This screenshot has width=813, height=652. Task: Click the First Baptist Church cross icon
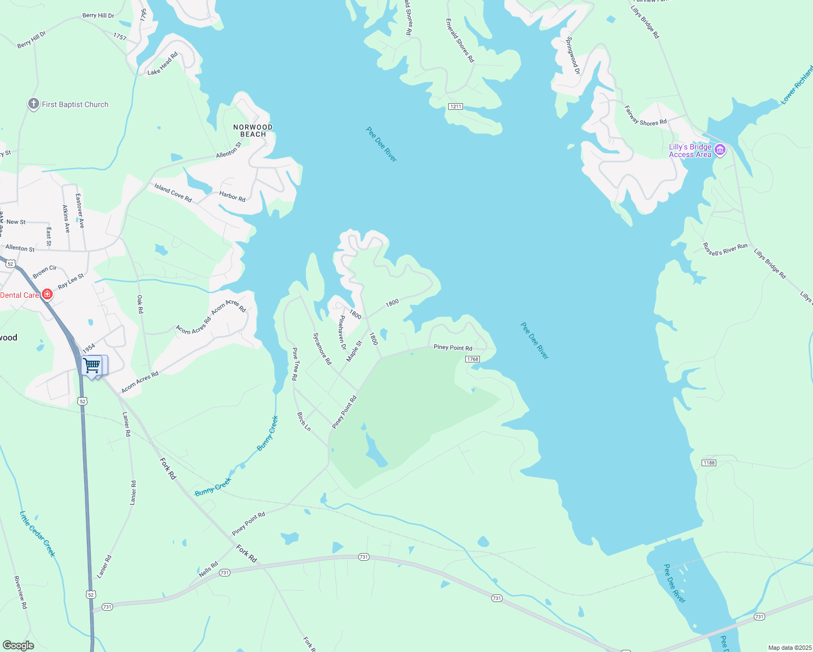pos(33,104)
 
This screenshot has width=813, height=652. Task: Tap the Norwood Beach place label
pos(253,131)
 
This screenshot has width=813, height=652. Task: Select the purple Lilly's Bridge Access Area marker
pos(720,150)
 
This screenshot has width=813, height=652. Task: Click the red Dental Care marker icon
pos(47,294)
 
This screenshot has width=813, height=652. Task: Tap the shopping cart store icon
pos(92,365)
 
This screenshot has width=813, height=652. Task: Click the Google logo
pos(18,645)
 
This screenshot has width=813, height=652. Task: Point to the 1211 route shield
pos(455,106)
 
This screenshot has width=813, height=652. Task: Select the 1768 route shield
pos(472,359)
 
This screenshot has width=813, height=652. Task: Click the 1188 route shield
pos(709,463)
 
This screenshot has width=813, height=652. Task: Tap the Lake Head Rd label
pos(162,64)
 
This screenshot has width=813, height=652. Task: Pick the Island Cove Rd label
pos(173,192)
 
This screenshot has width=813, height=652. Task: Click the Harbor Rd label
pos(232,196)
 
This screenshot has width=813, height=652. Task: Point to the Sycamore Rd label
pos(322,348)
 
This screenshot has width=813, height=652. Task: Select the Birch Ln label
pos(304,422)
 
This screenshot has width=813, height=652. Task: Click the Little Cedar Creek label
pos(37,534)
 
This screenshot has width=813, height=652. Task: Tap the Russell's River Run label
pos(725,249)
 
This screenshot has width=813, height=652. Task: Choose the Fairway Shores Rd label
pos(645,116)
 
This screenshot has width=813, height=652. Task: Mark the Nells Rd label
pos(208,569)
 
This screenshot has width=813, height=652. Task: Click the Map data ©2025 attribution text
pos(790,648)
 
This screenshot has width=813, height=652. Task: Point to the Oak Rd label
pos(140,304)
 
